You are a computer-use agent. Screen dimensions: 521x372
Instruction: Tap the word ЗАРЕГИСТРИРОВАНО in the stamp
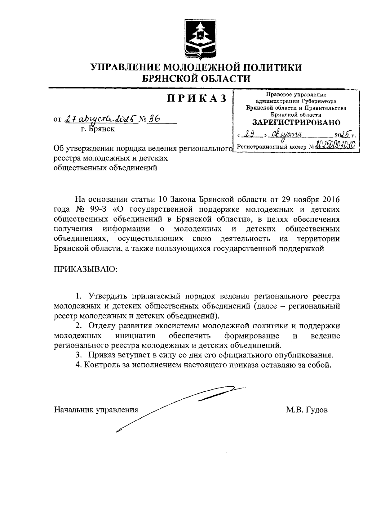coord(296,122)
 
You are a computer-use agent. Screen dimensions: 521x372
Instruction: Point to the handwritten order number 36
coord(153,119)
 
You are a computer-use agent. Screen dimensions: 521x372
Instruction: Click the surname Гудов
coord(317,410)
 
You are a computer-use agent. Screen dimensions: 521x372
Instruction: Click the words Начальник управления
coord(96,410)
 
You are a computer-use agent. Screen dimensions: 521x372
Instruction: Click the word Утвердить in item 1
coord(108,296)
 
